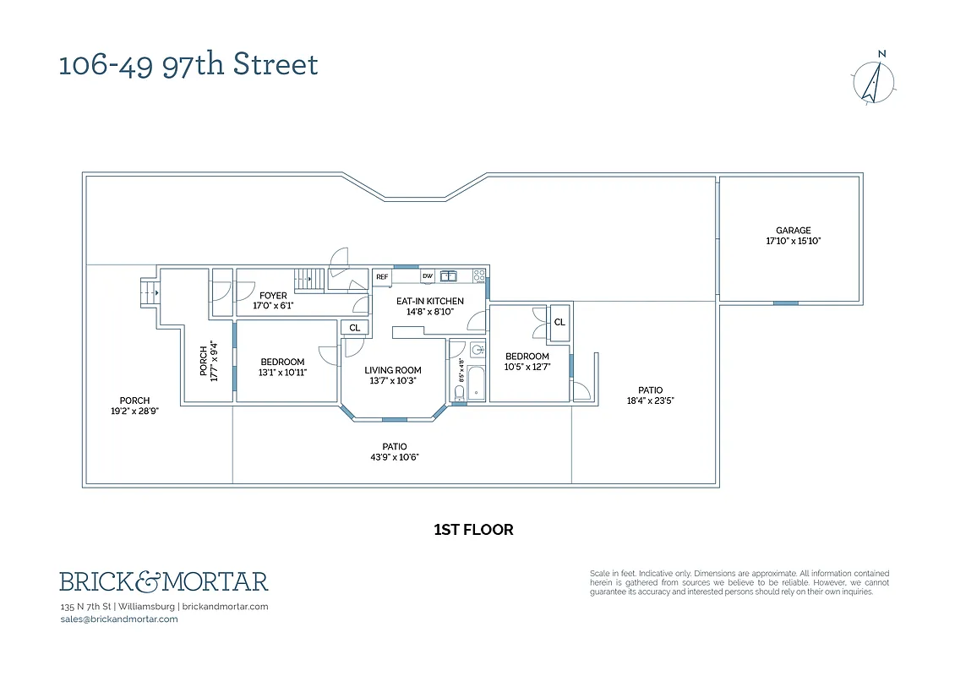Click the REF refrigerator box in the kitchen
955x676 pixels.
[382, 276]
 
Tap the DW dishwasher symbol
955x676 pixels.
[428, 276]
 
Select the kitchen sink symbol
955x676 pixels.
[448, 276]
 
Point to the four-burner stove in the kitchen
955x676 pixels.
[479, 276]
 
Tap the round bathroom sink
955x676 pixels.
[477, 349]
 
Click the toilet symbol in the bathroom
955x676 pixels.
[457, 348]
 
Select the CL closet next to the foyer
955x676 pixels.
[354, 328]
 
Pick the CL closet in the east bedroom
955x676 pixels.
[559, 322]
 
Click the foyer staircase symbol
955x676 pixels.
[309, 279]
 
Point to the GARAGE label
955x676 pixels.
[794, 231]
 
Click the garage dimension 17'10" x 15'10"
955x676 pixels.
[794, 242]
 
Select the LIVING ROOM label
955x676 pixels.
[393, 370]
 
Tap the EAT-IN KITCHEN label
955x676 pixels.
[430, 301]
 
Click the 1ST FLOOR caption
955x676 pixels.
[473, 531]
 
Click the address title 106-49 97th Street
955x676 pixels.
[188, 65]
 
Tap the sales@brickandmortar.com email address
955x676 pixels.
[119, 619]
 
